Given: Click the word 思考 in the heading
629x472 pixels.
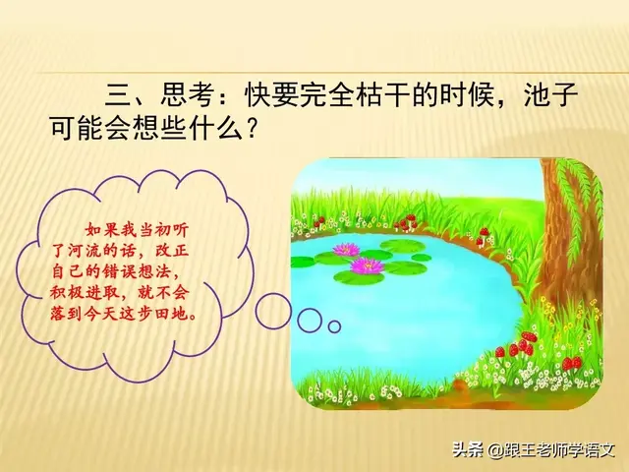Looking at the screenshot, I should [189, 97].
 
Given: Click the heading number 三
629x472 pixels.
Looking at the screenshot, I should [117, 97].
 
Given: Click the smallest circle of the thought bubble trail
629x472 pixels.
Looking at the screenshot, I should [334, 325].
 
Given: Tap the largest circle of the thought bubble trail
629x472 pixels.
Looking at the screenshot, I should [272, 311].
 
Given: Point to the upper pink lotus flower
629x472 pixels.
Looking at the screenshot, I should [345, 249].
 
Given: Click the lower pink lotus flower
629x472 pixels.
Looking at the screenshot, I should [367, 265].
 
